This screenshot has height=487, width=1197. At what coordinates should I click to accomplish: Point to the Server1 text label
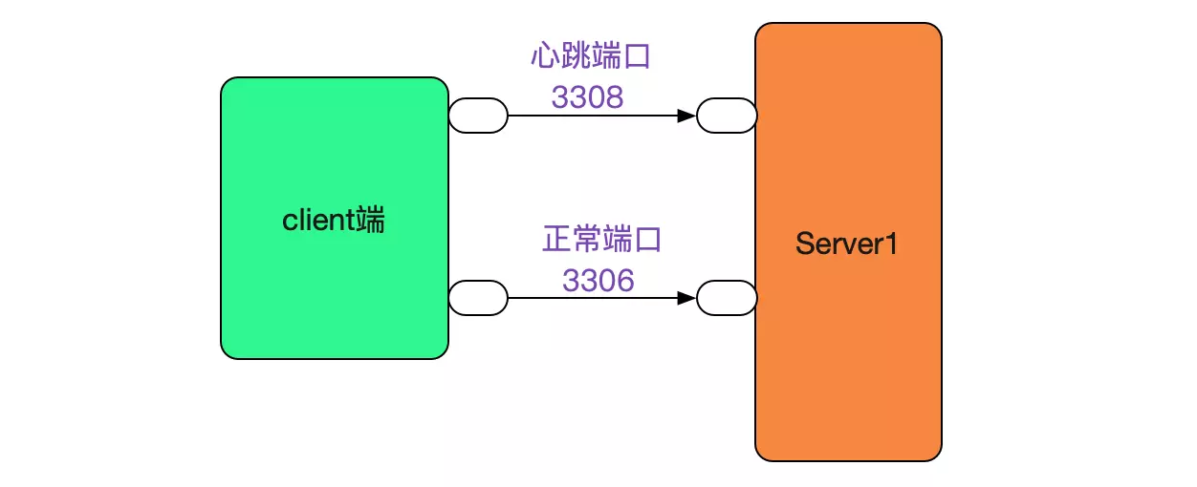(847, 243)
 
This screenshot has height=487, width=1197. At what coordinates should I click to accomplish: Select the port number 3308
(587, 96)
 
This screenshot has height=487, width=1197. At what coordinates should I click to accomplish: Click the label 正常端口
(601, 239)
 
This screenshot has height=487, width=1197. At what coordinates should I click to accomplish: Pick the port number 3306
(598, 280)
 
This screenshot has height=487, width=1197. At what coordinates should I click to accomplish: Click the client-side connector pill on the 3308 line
(478, 116)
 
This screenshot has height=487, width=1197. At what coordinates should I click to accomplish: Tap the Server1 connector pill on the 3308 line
(727, 116)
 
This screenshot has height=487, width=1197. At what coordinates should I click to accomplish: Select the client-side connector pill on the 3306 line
(478, 298)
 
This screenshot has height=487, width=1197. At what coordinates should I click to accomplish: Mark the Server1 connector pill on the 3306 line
(727, 298)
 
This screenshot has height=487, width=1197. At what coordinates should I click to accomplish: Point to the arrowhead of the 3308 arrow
(686, 116)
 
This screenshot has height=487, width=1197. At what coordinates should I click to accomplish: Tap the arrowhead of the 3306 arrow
(686, 298)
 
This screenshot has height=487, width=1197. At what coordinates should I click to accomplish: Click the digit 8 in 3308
(615, 96)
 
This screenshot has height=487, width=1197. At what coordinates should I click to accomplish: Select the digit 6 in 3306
(626, 280)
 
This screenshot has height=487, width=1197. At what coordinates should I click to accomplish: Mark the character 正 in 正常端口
(556, 239)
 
